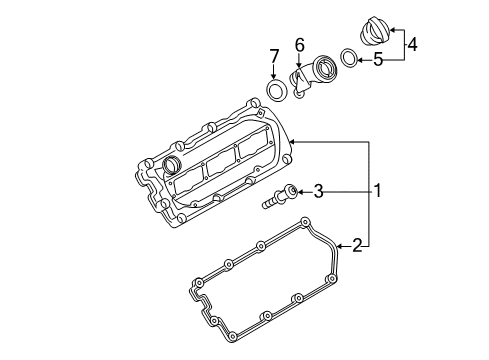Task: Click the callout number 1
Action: pos(377,191)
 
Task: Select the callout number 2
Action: pos(357,246)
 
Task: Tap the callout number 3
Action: pos(319,192)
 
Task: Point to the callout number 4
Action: pos(412,45)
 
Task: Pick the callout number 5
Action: pos(378,60)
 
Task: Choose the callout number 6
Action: pos(300,45)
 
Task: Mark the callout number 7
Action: pos(274,56)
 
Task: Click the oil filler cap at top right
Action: pos(375,31)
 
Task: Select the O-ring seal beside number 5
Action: pos(349,57)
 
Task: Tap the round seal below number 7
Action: pos(277,90)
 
